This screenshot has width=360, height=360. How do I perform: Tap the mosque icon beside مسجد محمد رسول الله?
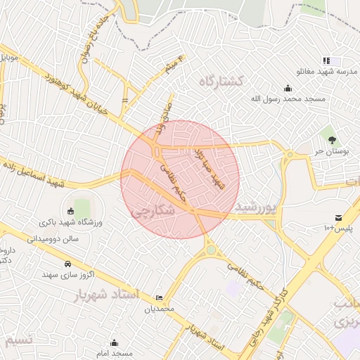[x=288, y=89]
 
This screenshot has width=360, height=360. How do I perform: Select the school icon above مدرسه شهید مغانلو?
[x=326, y=61]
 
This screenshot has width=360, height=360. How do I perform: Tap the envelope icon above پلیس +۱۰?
[x=339, y=218]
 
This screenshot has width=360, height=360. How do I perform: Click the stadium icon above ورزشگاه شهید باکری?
[x=70, y=211]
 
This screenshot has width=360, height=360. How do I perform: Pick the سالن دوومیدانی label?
[x=51, y=238]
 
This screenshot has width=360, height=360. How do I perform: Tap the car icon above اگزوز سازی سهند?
[x=67, y=264]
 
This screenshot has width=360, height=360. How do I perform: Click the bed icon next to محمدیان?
[x=159, y=297]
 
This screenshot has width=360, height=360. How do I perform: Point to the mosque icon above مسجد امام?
[x=114, y=342]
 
